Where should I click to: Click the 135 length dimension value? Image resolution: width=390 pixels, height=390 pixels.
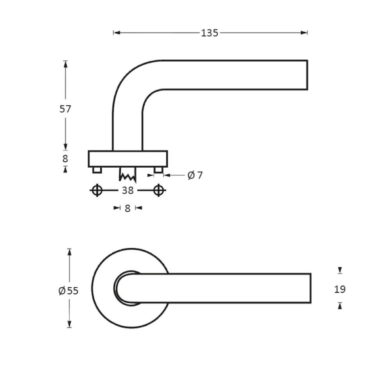[x=209, y=33]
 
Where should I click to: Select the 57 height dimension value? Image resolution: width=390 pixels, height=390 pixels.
[x=65, y=109]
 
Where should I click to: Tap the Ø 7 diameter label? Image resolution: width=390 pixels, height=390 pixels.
[x=195, y=175]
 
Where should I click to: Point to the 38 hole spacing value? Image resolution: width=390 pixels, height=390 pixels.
[x=128, y=190]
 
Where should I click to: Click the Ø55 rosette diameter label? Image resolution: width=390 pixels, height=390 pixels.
[x=68, y=291]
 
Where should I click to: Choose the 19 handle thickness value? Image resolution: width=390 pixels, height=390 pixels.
[x=340, y=289]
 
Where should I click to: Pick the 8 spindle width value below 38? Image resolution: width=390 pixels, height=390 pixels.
[x=128, y=208]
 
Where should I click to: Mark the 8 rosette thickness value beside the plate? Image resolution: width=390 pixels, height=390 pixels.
[x=65, y=159]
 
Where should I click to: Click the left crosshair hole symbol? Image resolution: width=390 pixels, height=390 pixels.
[x=97, y=190]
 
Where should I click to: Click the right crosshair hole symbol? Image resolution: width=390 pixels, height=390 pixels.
[x=158, y=190]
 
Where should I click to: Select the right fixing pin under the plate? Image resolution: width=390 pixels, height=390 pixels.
[x=158, y=170]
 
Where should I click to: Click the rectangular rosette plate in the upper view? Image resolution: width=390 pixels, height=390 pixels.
[x=128, y=159]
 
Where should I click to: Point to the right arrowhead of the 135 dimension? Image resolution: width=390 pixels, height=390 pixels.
[x=305, y=33]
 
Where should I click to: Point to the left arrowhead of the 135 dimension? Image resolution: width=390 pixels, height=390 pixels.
[x=116, y=33]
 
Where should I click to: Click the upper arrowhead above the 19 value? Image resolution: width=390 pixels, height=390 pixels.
[x=340, y=270]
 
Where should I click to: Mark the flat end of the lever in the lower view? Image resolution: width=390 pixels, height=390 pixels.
[x=310, y=288]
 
